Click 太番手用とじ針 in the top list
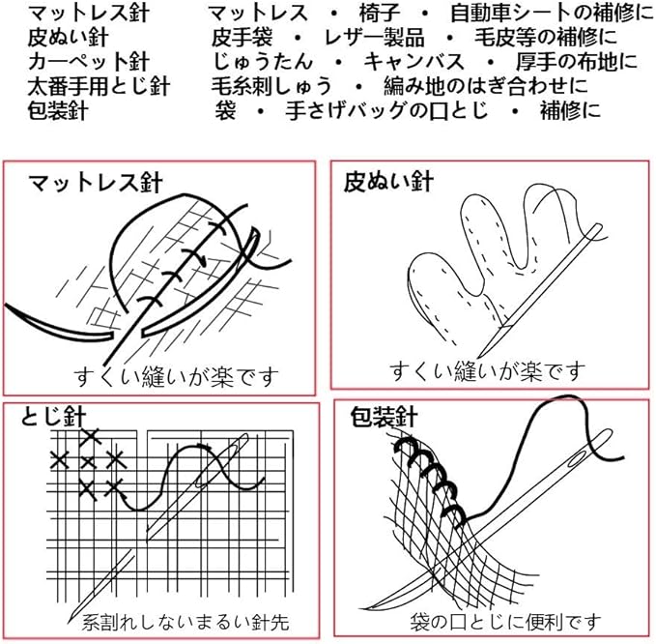(x=100, y=86)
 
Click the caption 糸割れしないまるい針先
(x=185, y=620)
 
